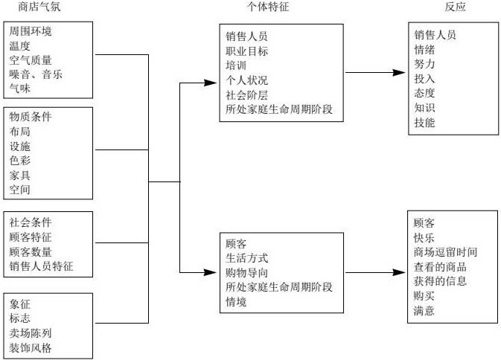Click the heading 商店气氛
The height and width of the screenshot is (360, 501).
pos(37,7)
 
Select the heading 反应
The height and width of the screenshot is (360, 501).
pos(456,7)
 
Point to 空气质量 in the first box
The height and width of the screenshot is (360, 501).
pos(31,60)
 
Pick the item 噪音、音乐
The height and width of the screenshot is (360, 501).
pos(36,74)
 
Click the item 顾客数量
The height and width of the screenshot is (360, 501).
pos(31,251)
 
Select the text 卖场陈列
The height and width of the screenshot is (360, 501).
pos(31,333)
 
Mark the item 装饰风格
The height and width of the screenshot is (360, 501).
pos(31,347)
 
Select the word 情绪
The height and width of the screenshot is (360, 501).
pos(424,50)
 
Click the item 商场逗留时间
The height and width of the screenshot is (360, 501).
pos(445,252)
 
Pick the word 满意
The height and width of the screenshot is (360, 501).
pos(424,310)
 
